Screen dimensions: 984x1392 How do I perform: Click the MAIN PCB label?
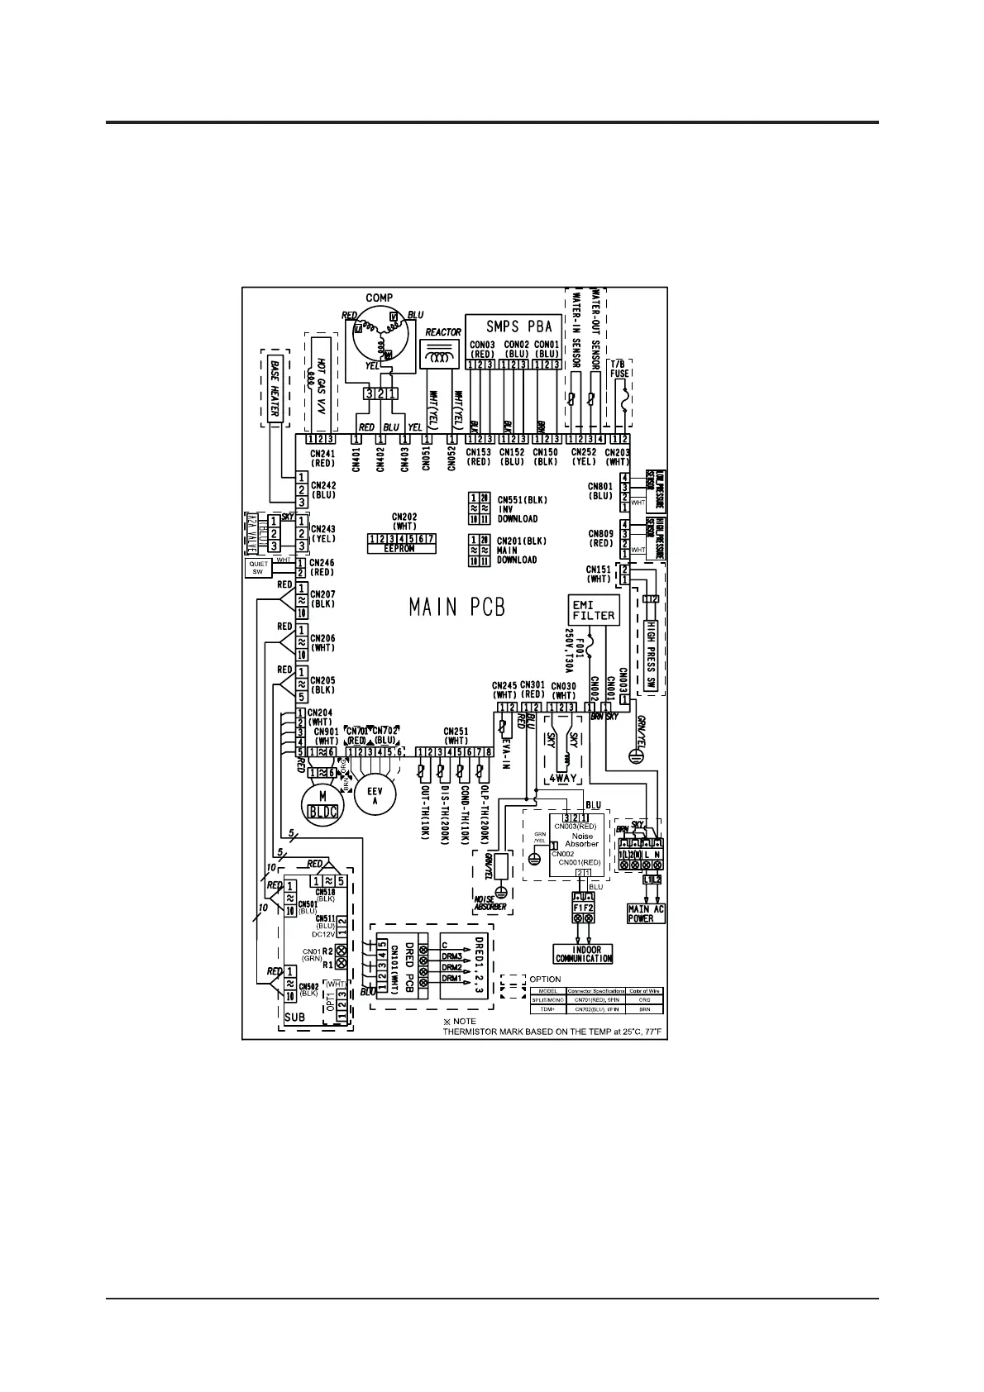[457, 608]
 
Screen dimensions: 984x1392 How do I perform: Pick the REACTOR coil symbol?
[442, 358]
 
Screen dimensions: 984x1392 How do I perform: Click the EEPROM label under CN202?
[401, 549]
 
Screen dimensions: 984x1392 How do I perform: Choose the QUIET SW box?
[258, 568]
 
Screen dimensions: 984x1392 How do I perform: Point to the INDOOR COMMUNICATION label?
[584, 954]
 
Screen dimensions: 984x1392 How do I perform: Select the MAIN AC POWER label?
[646, 913]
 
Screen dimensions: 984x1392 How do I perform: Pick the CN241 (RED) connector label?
[322, 458]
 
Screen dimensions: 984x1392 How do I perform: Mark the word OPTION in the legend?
[546, 980]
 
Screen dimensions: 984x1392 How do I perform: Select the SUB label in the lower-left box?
[295, 1018]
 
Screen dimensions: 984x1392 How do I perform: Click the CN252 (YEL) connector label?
[584, 458]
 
